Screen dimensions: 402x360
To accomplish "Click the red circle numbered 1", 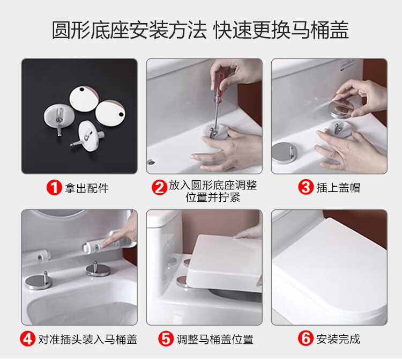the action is pos(54,188).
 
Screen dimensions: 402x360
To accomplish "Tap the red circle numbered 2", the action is pos(159,188).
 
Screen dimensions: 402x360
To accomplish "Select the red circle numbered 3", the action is pos(306,187).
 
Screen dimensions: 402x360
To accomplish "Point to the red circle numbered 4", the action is pos(27,339).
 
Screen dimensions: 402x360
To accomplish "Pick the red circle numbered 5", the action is pos(166,339).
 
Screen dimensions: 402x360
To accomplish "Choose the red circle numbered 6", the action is pos(306,338).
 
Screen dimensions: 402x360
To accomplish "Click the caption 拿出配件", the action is pos(87,188).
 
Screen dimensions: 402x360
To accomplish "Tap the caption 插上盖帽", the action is pos(338,188).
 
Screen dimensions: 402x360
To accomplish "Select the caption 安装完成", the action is pos(338,339).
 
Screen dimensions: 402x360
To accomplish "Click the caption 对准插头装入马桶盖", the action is pos(88,339).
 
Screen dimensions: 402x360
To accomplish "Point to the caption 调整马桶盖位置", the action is pos(215,339).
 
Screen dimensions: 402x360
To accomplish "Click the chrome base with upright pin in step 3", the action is pos(284,152).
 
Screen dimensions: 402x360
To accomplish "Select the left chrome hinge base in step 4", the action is pos(39,282).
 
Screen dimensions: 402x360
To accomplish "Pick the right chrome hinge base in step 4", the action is pos(98,269).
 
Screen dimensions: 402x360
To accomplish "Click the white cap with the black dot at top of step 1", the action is pos(84,99).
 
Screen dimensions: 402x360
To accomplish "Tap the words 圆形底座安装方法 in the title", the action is pos(129,30).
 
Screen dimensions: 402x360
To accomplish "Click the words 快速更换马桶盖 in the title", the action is pos(281,30).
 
